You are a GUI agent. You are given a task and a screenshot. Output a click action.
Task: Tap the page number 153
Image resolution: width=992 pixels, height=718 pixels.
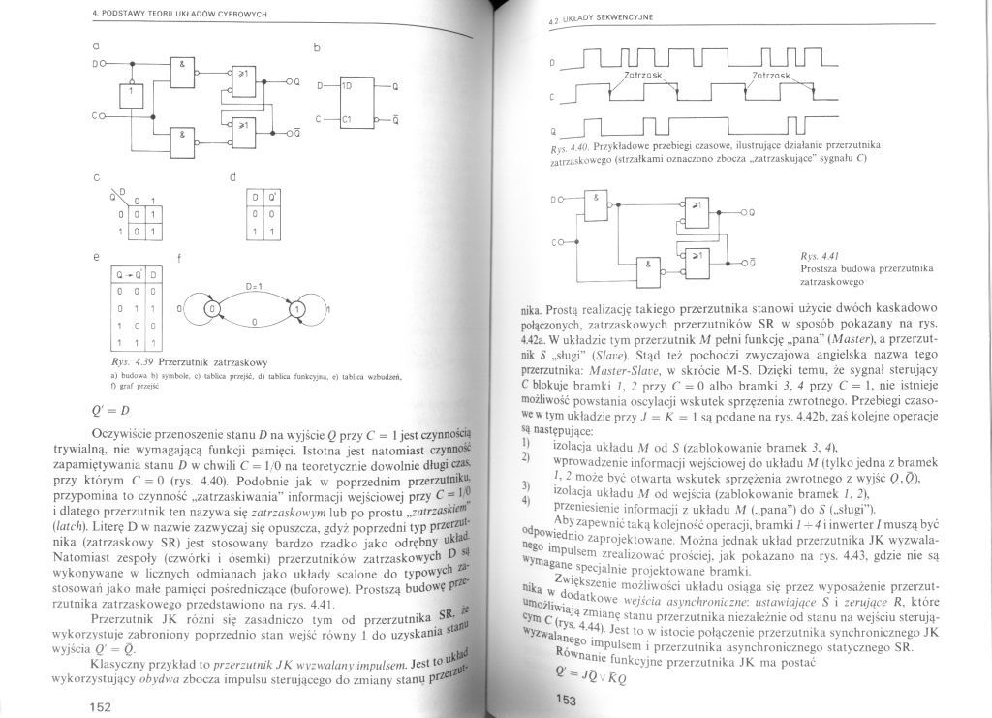566,701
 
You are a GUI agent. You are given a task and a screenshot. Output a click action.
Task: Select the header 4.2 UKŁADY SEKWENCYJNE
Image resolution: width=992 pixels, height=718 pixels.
599,18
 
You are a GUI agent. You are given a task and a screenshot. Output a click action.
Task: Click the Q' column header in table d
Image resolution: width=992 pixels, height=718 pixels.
272,200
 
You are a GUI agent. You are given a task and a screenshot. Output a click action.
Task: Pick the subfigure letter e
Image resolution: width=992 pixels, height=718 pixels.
95,257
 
